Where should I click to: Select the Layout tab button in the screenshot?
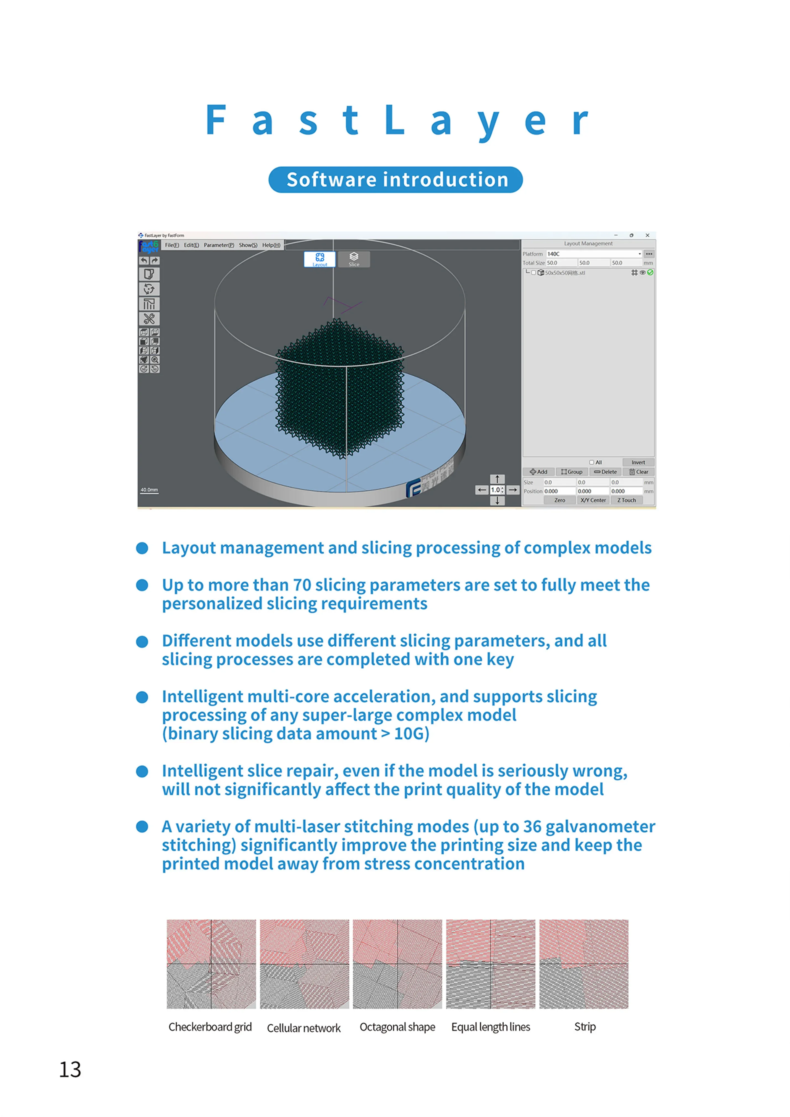tap(320, 259)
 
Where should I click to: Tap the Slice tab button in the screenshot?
tap(354, 259)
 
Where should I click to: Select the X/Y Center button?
tap(593, 500)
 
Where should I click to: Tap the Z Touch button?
tap(627, 500)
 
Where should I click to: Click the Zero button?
tap(560, 500)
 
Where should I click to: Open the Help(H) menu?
tap(271, 245)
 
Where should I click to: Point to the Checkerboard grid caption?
tap(210, 1027)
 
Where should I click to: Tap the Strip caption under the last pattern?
tap(585, 1027)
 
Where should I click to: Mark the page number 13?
tap(70, 1070)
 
